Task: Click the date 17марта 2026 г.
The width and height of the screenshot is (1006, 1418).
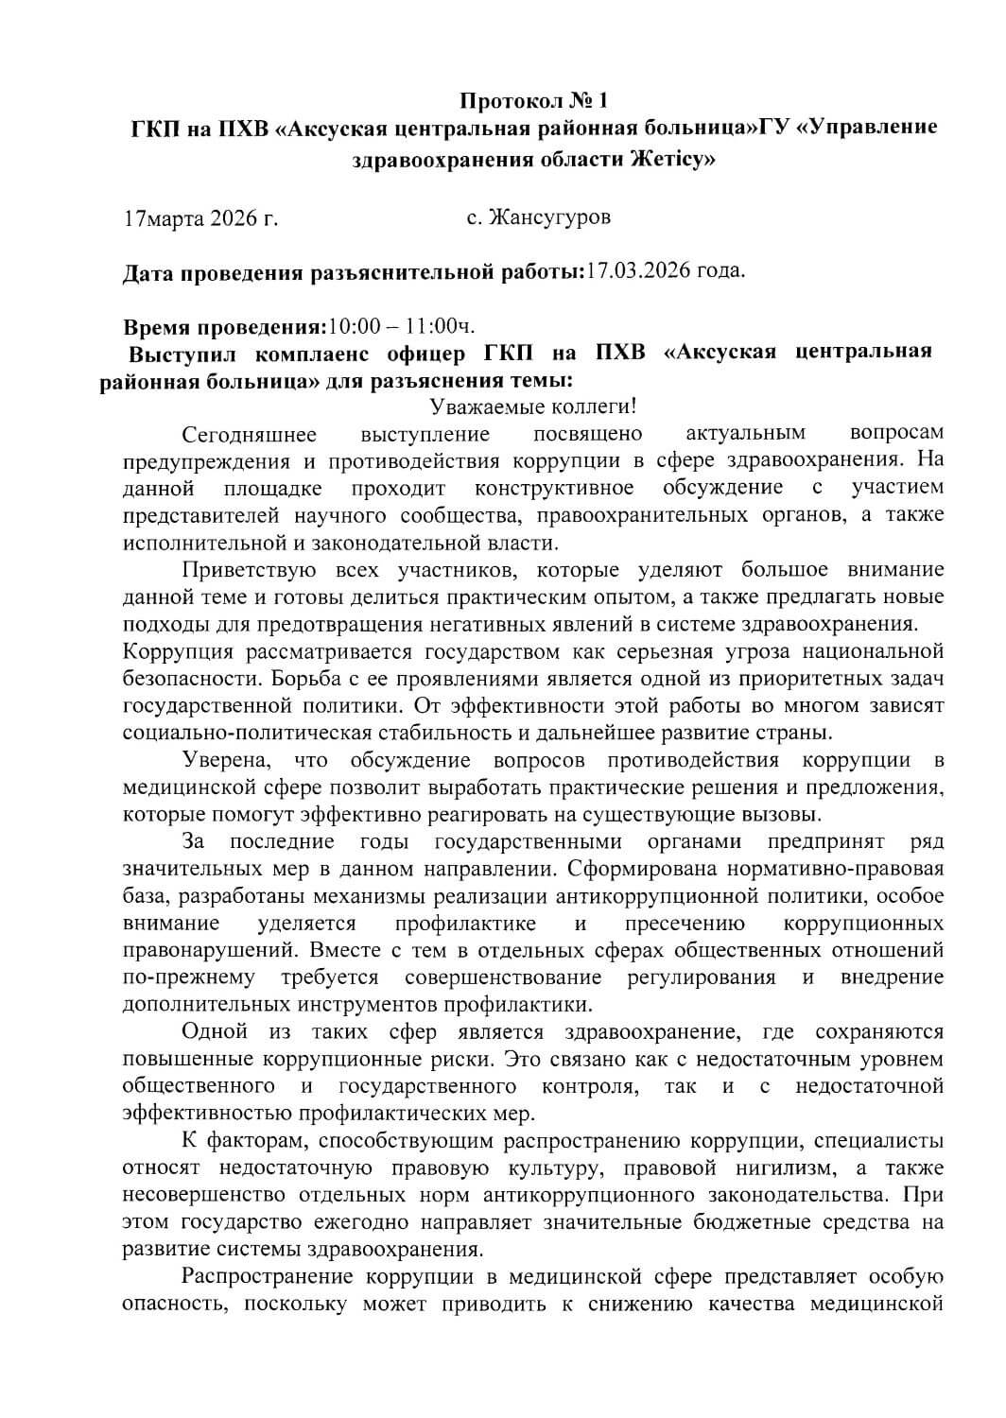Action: [201, 220]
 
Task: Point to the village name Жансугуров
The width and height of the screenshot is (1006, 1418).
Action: [550, 217]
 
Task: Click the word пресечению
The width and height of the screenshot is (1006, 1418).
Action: [685, 923]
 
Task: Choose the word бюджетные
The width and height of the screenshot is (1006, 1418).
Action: [739, 1221]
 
